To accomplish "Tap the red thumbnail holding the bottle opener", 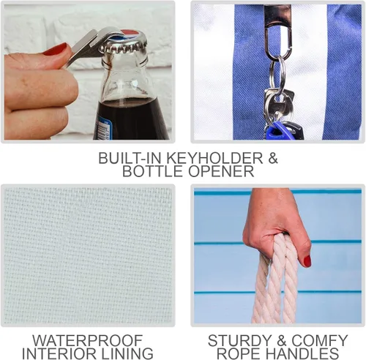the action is pos(55,50).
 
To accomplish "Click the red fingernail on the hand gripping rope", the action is pos(307,260).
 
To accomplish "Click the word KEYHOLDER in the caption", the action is pos(214,158).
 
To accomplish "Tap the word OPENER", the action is pos(221,171).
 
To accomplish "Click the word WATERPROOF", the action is pos(88,340).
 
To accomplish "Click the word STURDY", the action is pos(239,340).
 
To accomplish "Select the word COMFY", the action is pos(320,340).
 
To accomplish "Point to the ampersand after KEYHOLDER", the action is pos(273,158).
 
